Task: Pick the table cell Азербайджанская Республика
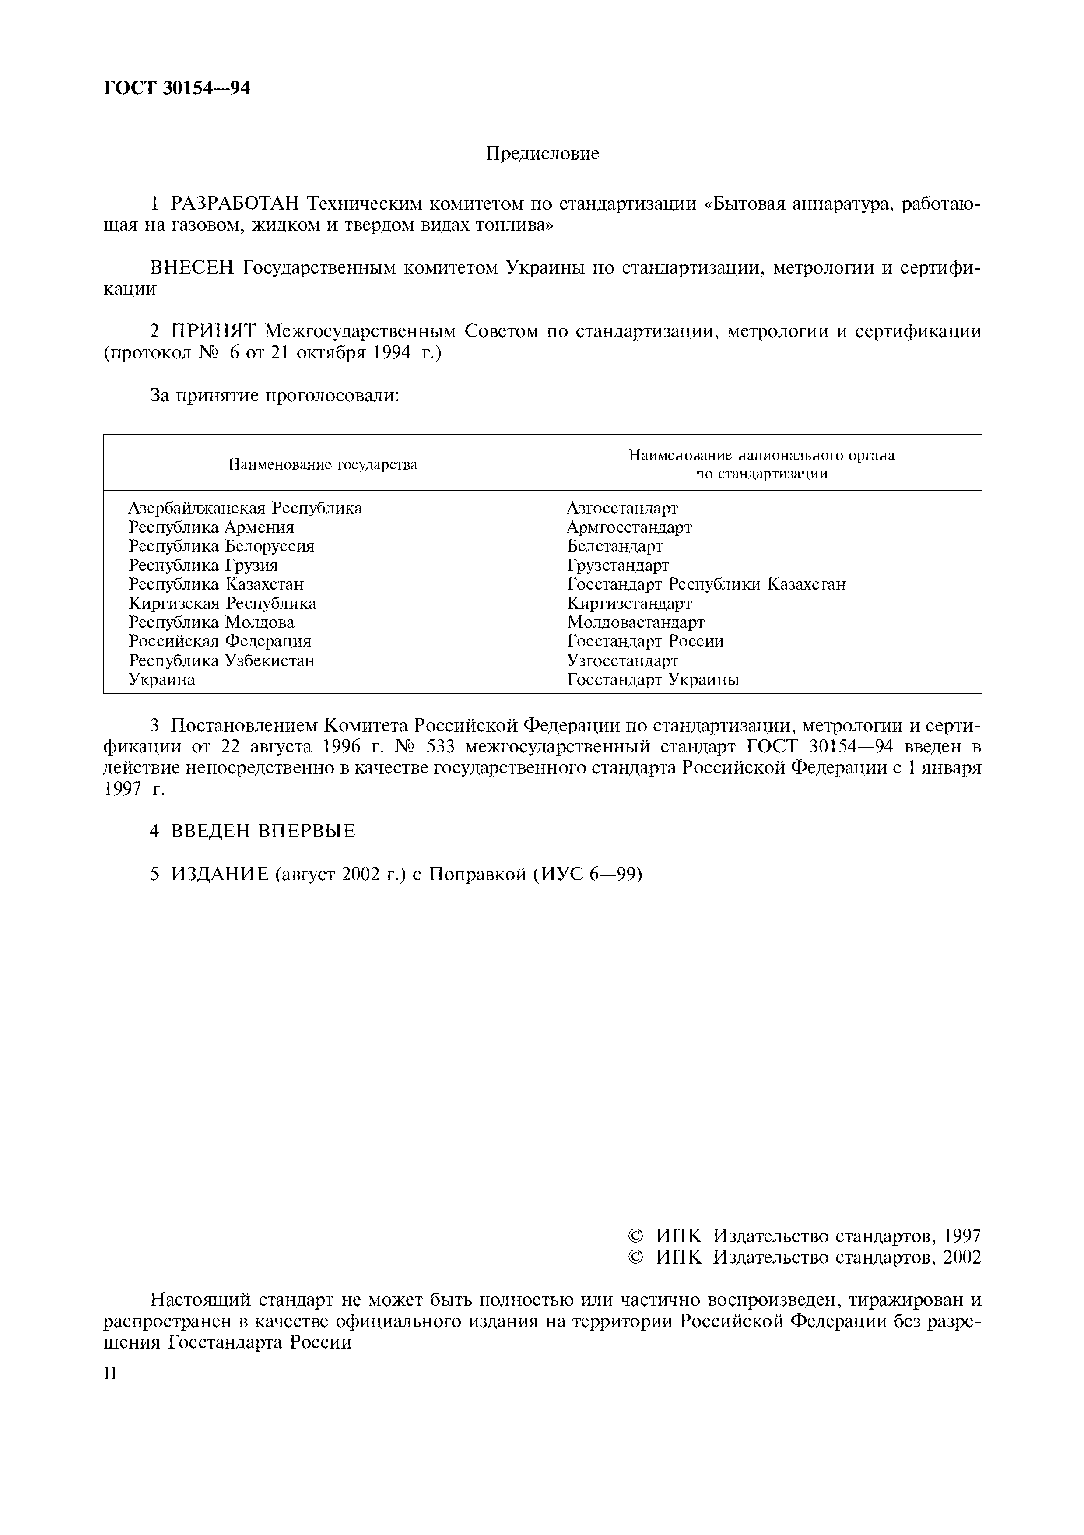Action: [x=245, y=509]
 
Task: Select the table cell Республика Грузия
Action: [x=203, y=566]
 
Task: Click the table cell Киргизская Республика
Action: [x=223, y=604]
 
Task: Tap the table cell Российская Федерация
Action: [x=220, y=642]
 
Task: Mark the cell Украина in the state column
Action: [x=162, y=680]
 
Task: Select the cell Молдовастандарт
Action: [x=635, y=622]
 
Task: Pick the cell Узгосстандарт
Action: [x=623, y=660]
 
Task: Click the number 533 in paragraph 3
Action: [x=441, y=746]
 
